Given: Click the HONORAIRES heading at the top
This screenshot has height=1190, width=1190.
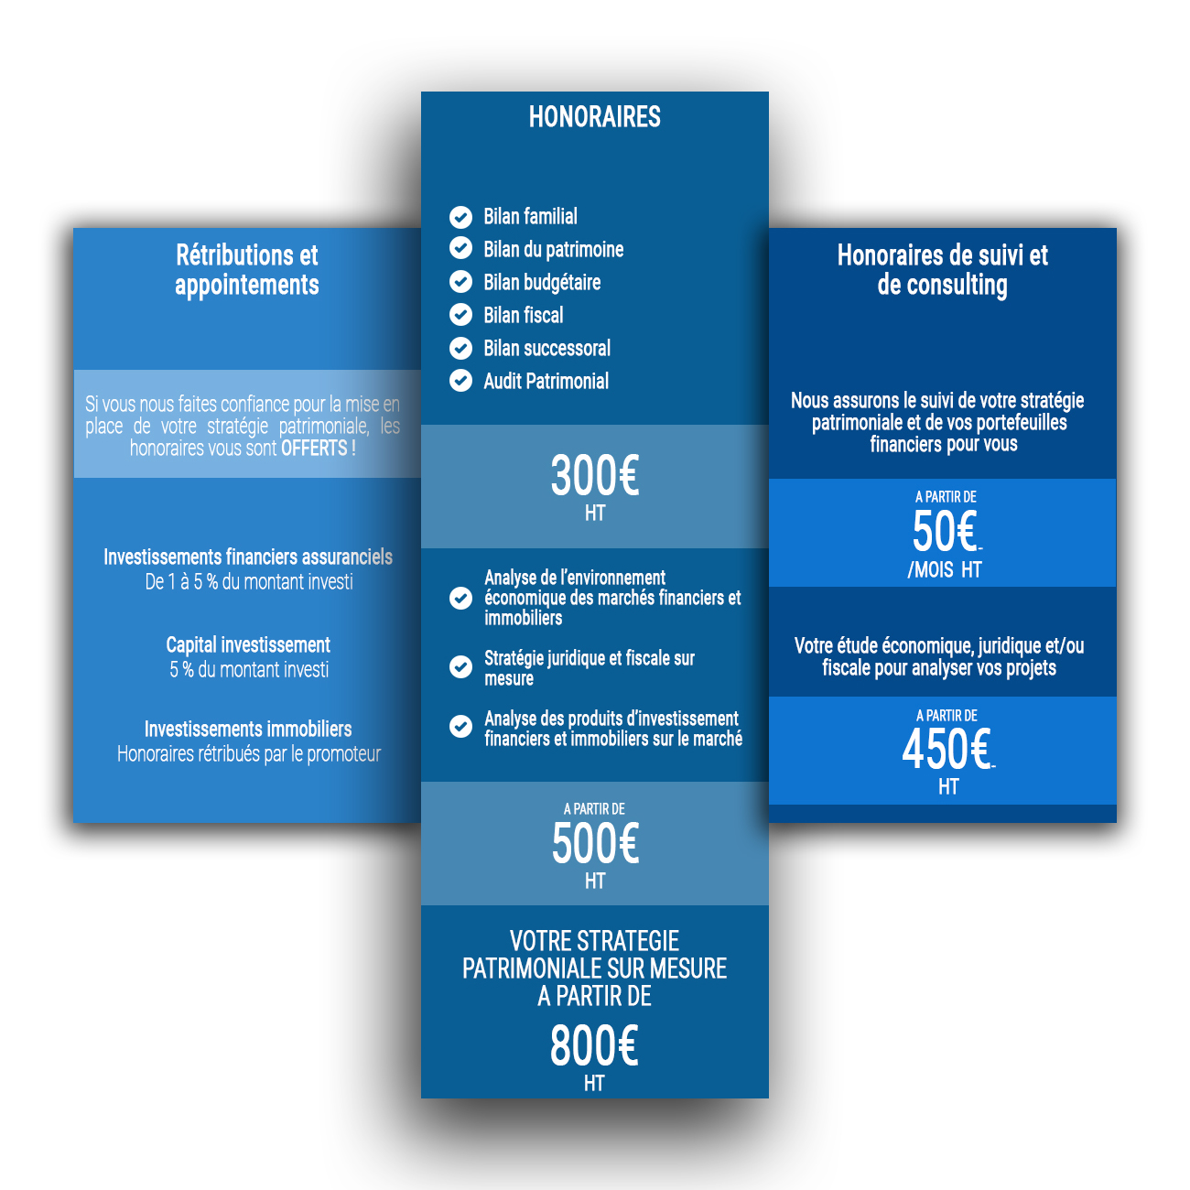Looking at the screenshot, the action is (x=594, y=117).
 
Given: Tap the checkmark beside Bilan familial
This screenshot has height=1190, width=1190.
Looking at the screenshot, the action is (x=460, y=217).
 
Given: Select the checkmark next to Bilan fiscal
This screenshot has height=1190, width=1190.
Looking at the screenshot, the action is (x=460, y=314).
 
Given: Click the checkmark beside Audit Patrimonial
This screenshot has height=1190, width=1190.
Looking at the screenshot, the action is (x=460, y=381).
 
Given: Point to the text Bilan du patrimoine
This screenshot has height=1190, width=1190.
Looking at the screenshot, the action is (x=553, y=250).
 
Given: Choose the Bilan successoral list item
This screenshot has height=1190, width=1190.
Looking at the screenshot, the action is (x=546, y=348).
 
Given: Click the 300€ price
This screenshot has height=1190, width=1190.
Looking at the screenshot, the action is (x=595, y=475).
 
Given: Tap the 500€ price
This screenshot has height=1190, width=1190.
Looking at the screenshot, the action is (x=595, y=843).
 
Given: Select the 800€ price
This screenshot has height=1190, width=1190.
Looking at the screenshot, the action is (x=593, y=1045).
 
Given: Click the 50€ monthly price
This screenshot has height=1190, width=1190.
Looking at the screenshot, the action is (x=945, y=531).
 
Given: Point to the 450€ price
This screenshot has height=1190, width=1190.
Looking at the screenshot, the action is (x=947, y=749).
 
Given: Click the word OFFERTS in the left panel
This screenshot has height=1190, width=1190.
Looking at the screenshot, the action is (x=314, y=449).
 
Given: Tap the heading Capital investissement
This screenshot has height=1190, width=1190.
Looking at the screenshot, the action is (x=248, y=644).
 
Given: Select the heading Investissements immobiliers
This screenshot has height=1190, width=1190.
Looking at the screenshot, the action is (x=248, y=729).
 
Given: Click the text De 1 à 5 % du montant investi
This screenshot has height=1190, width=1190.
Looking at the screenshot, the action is (x=249, y=581).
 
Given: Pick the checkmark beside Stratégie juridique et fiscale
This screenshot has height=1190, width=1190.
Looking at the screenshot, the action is (x=460, y=667).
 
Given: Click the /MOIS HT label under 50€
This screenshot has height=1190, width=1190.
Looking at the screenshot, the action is (x=944, y=569).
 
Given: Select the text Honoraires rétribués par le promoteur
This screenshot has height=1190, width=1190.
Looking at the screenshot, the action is (x=249, y=754).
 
